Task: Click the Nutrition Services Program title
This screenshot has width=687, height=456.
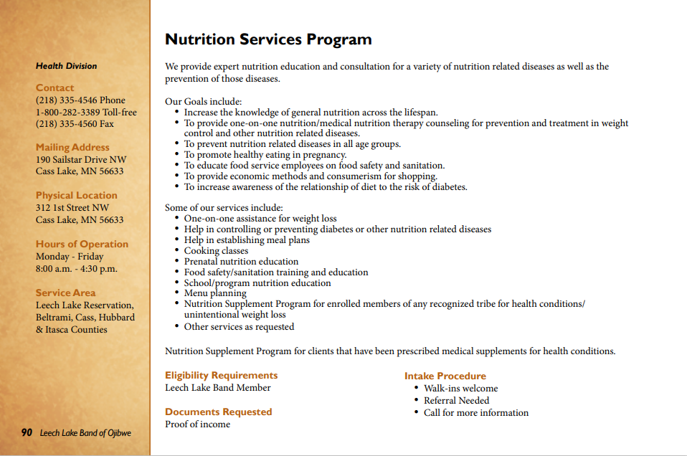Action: pyautogui.click(x=268, y=39)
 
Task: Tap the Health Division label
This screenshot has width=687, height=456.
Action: pyautogui.click(x=66, y=66)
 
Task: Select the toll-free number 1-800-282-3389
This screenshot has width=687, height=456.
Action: pyautogui.click(x=86, y=113)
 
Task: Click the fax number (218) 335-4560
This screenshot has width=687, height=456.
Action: pyautogui.click(x=75, y=124)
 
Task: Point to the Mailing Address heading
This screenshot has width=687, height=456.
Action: pyautogui.click(x=72, y=148)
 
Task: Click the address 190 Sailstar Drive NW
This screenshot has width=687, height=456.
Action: pyautogui.click(x=81, y=160)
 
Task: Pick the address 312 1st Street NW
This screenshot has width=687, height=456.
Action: pyautogui.click(x=72, y=208)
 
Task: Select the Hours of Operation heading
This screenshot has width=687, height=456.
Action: pyautogui.click(x=82, y=244)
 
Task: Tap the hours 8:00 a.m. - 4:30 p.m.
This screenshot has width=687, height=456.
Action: pyautogui.click(x=77, y=269)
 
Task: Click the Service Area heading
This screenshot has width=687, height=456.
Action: pyautogui.click(x=65, y=293)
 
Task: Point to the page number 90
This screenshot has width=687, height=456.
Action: pyautogui.click(x=27, y=432)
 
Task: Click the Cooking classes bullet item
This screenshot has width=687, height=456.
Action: pyautogui.click(x=216, y=251)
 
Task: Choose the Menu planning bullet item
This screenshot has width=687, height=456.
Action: pyautogui.click(x=215, y=293)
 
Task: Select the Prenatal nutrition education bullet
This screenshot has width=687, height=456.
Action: pyautogui.click(x=241, y=262)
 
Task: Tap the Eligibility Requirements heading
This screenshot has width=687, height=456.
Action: pyautogui.click(x=221, y=375)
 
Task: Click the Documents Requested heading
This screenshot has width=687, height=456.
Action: pyautogui.click(x=218, y=412)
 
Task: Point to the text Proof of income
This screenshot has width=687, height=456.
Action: pyautogui.click(x=197, y=424)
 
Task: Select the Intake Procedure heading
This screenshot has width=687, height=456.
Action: pyautogui.click(x=445, y=376)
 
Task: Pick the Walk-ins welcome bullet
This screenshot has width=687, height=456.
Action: pyautogui.click(x=460, y=389)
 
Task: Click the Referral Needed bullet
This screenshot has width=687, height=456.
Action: pyautogui.click(x=456, y=401)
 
